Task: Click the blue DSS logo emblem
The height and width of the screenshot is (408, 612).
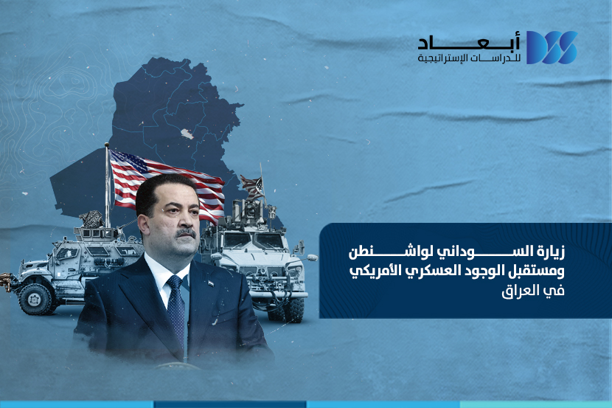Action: [552, 47]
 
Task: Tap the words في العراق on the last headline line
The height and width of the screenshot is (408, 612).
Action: [533, 291]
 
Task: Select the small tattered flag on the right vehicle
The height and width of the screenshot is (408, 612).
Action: [251, 186]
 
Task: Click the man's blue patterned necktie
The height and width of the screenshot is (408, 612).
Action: [177, 308]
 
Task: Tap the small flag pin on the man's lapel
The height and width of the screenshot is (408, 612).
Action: [211, 283]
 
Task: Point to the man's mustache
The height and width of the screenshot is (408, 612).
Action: [185, 233]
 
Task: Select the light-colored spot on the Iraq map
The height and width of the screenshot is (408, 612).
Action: [187, 134]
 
